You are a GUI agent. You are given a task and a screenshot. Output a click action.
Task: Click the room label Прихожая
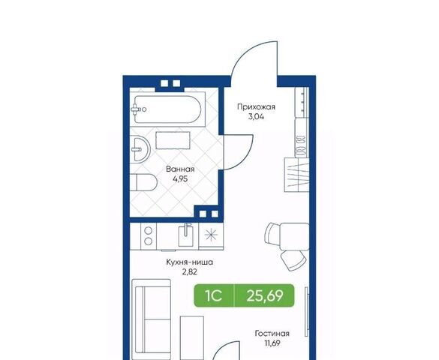click(256, 107)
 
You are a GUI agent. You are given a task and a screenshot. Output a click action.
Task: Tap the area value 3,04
click(256, 117)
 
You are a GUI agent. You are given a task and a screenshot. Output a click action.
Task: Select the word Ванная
click(180, 169)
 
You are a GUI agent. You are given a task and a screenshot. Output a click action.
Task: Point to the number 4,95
click(180, 178)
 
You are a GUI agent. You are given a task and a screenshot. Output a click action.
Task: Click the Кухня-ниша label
click(190, 262)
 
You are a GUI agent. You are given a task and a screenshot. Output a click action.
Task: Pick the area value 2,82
click(190, 271)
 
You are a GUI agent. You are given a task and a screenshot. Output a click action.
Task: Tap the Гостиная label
click(272, 334)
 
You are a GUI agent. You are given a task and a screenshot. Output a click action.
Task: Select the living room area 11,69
click(272, 343)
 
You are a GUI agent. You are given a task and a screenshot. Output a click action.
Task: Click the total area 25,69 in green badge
click(265, 295)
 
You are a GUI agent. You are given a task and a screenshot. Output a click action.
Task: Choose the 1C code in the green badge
click(214, 295)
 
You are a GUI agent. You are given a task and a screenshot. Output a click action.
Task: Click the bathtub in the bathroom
click(167, 109)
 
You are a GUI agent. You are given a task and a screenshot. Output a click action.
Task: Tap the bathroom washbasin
click(140, 148)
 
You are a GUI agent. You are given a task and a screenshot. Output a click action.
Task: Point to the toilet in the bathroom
click(143, 182)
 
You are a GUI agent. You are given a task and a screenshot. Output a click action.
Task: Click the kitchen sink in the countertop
click(185, 236)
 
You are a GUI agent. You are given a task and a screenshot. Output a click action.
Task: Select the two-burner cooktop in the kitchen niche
click(149, 235)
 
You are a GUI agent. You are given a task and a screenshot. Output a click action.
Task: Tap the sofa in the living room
click(152, 319)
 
